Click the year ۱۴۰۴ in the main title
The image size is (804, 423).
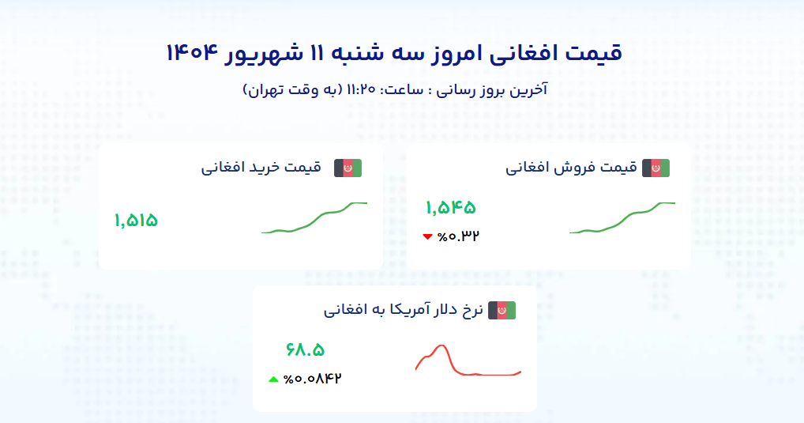[x=192, y=53]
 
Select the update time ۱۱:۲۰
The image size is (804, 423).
[x=361, y=90]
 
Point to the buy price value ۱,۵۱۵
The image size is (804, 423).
[x=136, y=221]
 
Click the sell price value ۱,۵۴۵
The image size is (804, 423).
[x=451, y=207]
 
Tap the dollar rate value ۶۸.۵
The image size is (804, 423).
[x=305, y=350]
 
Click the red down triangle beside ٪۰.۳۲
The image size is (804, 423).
[x=427, y=236]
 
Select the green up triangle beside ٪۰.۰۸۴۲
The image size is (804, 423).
[x=274, y=380]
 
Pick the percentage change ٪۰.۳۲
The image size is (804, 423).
[x=458, y=236]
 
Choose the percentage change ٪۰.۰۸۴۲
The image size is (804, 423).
[x=312, y=379]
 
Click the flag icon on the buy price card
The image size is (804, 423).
[x=348, y=168]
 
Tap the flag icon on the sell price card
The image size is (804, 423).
[x=656, y=168]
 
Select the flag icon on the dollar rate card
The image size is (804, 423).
[x=502, y=311]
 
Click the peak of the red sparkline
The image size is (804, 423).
[x=441, y=346]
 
